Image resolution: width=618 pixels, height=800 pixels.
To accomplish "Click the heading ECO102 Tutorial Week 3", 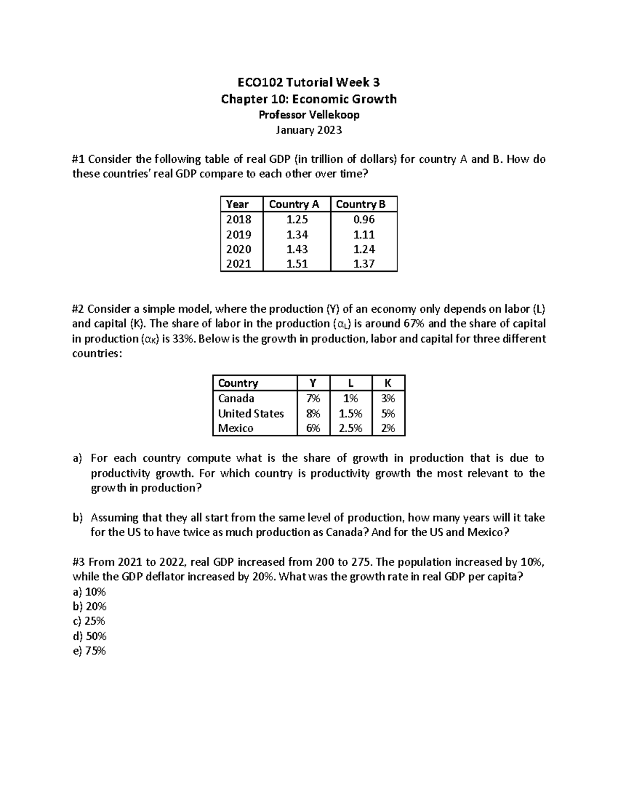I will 308,82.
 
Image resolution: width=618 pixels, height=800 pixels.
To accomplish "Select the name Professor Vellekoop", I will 308,114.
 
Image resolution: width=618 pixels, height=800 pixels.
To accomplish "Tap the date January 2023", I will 308,130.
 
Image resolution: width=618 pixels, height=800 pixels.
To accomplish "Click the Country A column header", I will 294,204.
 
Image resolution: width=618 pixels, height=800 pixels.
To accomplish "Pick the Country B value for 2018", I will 364,219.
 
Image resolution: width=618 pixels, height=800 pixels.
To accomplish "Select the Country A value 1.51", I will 297,264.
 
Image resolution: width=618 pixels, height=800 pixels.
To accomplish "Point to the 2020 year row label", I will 239,249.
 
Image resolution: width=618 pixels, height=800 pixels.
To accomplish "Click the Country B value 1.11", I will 364,235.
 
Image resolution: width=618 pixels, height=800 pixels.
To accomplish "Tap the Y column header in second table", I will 312,383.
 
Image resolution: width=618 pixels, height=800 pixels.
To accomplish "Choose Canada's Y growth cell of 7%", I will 313,398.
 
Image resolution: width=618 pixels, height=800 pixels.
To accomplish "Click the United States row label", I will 251,414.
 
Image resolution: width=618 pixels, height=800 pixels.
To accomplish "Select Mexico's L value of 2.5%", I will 350,429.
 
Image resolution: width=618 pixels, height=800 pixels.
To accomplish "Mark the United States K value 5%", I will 388,414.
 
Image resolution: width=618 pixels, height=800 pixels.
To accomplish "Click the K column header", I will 388,383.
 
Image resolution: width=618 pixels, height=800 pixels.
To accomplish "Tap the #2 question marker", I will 78,309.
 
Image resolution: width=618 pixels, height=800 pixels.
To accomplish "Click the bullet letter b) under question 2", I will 77,518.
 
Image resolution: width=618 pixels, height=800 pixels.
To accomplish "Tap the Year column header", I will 237,204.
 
